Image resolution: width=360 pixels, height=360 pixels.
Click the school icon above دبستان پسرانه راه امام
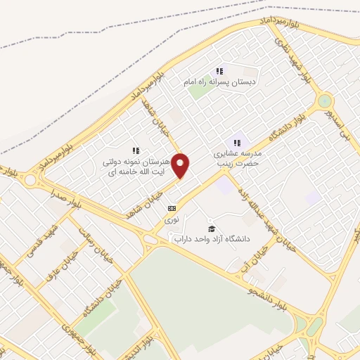point(219,71)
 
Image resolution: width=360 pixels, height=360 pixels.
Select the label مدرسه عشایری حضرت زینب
point(237,157)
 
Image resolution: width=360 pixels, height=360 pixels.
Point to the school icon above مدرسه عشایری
point(237,143)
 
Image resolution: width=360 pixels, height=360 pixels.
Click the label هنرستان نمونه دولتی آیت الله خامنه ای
point(136,166)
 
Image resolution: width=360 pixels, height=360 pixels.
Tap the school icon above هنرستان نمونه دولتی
point(136,150)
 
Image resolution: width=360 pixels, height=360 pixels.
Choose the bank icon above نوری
point(172,209)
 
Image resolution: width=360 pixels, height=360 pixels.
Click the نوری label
point(172,219)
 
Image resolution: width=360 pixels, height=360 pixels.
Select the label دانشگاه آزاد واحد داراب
point(212,240)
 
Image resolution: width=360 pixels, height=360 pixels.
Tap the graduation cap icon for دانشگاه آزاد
point(212,229)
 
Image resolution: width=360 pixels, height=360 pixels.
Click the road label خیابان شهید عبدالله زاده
point(259,210)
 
